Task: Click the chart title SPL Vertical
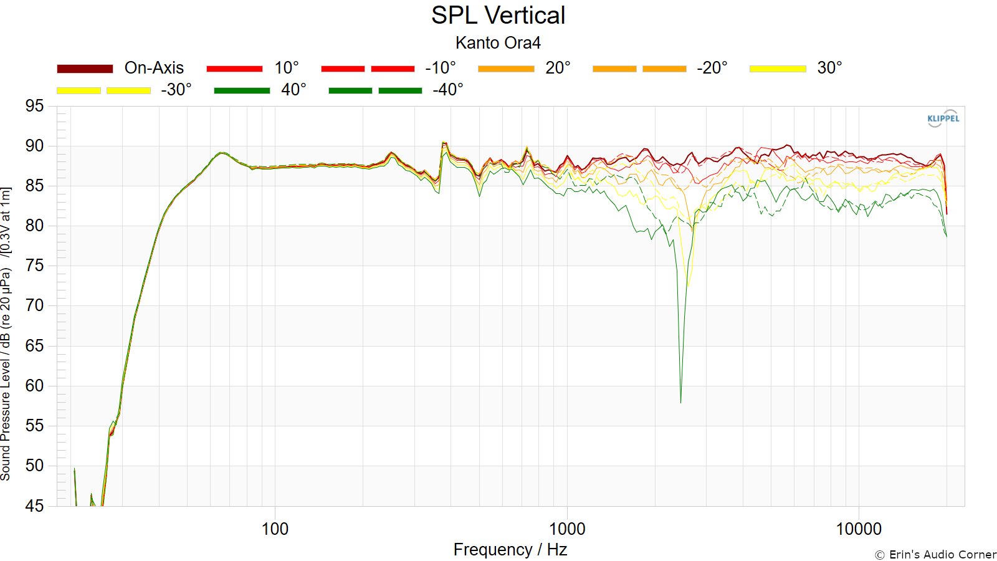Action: [x=498, y=16]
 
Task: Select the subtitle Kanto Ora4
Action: [x=498, y=43]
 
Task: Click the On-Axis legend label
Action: [x=154, y=68]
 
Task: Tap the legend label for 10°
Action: [x=286, y=68]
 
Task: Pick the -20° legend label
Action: [x=712, y=68]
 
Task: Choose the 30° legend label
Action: [x=829, y=68]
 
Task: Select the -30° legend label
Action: [x=176, y=90]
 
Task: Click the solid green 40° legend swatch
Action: [x=242, y=90]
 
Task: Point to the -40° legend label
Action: [x=448, y=90]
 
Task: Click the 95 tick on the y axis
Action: [x=35, y=107]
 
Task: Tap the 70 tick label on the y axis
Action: [x=35, y=306]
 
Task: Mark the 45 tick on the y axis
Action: [x=35, y=506]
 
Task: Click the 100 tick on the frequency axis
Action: [x=275, y=529]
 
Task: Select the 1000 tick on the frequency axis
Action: [x=566, y=529]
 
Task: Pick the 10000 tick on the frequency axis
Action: [x=859, y=529]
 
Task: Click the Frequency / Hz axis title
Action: [x=510, y=550]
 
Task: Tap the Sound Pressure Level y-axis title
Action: [x=6, y=334]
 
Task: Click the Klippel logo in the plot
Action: [x=943, y=118]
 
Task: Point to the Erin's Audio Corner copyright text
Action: [x=935, y=555]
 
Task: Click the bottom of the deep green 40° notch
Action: [x=680, y=403]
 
